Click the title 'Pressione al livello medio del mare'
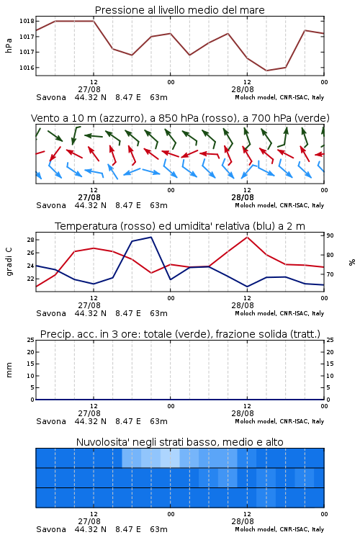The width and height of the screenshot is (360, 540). (179, 10)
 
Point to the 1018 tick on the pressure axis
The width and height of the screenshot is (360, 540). (27, 21)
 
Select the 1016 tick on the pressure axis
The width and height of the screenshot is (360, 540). (27, 68)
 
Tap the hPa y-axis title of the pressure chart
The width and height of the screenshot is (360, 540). (9, 45)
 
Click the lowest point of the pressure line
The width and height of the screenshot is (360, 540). (266, 71)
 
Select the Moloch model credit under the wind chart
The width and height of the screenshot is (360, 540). (279, 205)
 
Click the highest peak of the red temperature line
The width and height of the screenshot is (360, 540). (247, 237)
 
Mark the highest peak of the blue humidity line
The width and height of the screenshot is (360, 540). (151, 237)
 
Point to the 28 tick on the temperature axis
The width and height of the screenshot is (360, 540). (30, 240)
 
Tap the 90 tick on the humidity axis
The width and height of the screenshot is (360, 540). (330, 235)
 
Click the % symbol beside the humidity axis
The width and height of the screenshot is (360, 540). (352, 262)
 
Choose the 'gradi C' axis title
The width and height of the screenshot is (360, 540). (9, 262)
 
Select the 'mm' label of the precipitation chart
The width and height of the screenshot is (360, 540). (9, 370)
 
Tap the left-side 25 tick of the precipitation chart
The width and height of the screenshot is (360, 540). (30, 340)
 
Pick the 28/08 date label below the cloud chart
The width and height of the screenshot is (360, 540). (243, 521)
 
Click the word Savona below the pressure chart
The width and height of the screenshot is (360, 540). (51, 97)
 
